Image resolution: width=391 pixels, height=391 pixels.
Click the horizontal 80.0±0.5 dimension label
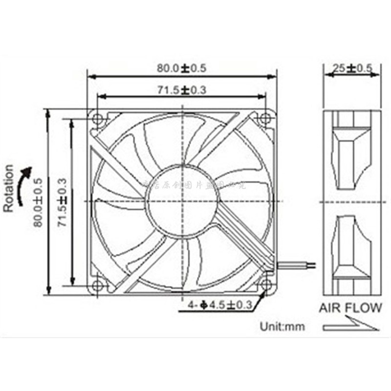click(x=181, y=68)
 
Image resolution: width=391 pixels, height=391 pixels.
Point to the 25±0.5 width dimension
click(x=352, y=68)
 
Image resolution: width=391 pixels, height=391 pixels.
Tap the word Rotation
click(x=9, y=188)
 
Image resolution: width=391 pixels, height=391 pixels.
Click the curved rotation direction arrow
click(x=22, y=186)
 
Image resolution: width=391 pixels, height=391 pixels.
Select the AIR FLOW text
click(x=350, y=308)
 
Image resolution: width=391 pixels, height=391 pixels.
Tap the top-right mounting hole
click(x=265, y=118)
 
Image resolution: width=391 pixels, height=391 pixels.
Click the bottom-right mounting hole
click(x=265, y=284)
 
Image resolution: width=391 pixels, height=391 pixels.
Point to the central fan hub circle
click(x=181, y=201)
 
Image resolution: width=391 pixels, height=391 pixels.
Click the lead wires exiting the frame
click(x=296, y=264)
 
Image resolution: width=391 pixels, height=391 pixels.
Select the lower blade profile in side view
click(x=351, y=249)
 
